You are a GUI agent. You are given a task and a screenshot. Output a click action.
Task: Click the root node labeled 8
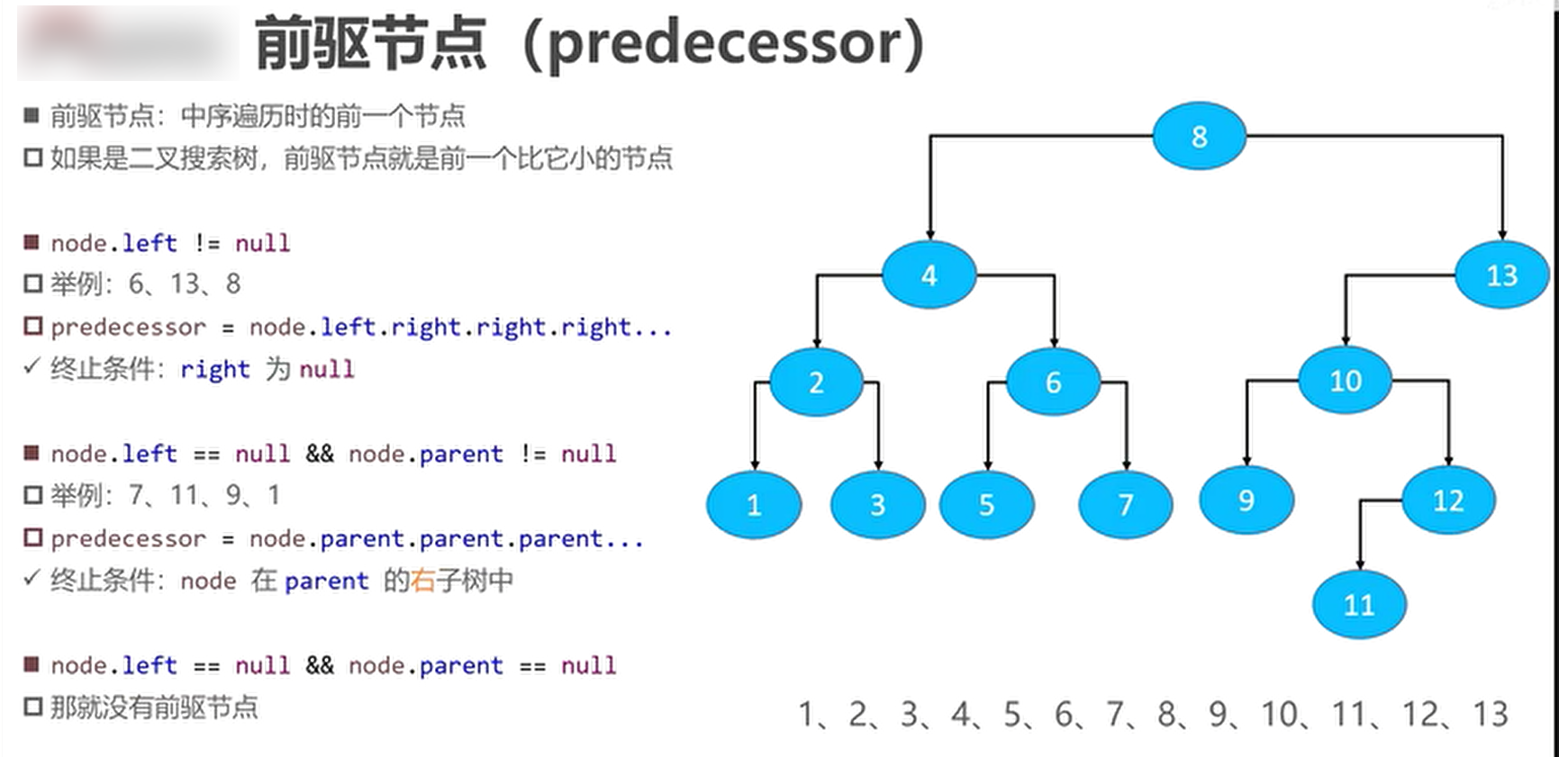[x=1199, y=136]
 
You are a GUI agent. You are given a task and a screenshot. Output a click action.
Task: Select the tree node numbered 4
[x=929, y=275]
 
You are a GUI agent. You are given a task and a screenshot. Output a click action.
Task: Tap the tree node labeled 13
[x=1501, y=275]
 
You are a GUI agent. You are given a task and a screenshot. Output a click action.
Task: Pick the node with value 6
[x=1053, y=382]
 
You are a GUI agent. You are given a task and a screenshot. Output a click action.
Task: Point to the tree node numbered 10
[x=1346, y=380]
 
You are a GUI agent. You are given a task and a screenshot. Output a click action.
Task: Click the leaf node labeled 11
[x=1359, y=604]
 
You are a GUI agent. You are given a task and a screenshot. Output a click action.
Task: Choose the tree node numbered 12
[x=1448, y=500]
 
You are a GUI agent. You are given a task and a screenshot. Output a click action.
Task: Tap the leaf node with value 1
[x=754, y=504]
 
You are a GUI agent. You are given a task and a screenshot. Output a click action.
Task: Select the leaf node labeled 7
[x=1126, y=504]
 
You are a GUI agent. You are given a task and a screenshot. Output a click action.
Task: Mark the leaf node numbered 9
[x=1246, y=500]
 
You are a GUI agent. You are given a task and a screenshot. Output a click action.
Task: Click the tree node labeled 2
[x=816, y=382]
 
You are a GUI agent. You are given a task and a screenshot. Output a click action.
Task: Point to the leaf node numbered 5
[x=986, y=504]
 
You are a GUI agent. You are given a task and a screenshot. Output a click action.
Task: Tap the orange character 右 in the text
[x=423, y=581]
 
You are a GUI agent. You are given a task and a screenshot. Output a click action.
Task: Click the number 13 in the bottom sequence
[x=1491, y=715]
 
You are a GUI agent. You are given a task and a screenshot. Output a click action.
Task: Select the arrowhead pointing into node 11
[x=1359, y=564]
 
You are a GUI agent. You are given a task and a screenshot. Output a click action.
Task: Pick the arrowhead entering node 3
[x=878, y=464]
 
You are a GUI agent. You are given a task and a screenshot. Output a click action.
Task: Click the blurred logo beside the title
[x=128, y=42]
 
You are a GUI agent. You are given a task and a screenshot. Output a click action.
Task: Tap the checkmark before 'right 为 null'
[x=32, y=366]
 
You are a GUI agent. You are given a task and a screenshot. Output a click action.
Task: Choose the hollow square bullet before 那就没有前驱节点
[x=33, y=707]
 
